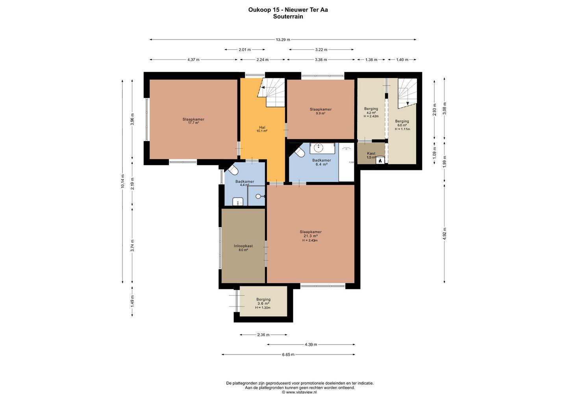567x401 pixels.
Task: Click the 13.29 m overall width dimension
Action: click(283, 39)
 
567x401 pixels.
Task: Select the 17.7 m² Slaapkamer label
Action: click(193, 121)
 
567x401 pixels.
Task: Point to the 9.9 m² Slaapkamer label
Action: click(321, 111)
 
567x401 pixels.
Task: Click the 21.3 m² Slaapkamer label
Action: click(311, 236)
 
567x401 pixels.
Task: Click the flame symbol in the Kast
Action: click(380, 160)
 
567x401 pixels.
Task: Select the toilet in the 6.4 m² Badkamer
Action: click(299, 152)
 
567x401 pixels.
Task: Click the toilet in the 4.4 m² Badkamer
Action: click(233, 170)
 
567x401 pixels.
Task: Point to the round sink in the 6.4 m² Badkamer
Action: click(318, 148)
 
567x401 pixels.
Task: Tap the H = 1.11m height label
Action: click(402, 129)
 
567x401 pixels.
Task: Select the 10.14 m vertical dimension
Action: click(122, 181)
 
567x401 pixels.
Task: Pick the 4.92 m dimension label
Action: click(445, 234)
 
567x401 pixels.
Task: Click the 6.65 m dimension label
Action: click(288, 355)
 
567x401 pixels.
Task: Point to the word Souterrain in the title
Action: click(288, 17)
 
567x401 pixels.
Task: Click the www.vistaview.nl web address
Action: click(301, 392)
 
